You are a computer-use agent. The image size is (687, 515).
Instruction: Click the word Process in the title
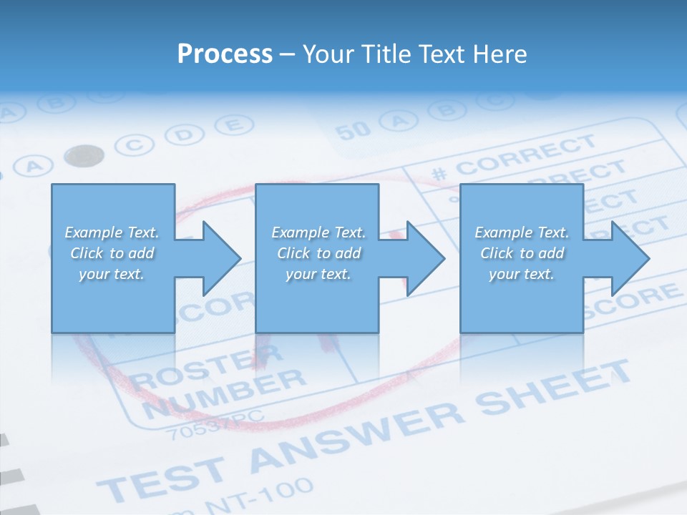[225, 54]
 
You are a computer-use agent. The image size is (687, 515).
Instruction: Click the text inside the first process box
[112, 253]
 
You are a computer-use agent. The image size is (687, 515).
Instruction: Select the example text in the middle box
[318, 253]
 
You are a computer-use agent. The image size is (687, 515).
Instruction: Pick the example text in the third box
[522, 253]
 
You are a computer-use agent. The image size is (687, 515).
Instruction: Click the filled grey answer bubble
[84, 154]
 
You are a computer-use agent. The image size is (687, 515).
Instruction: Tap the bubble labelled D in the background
[184, 134]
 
